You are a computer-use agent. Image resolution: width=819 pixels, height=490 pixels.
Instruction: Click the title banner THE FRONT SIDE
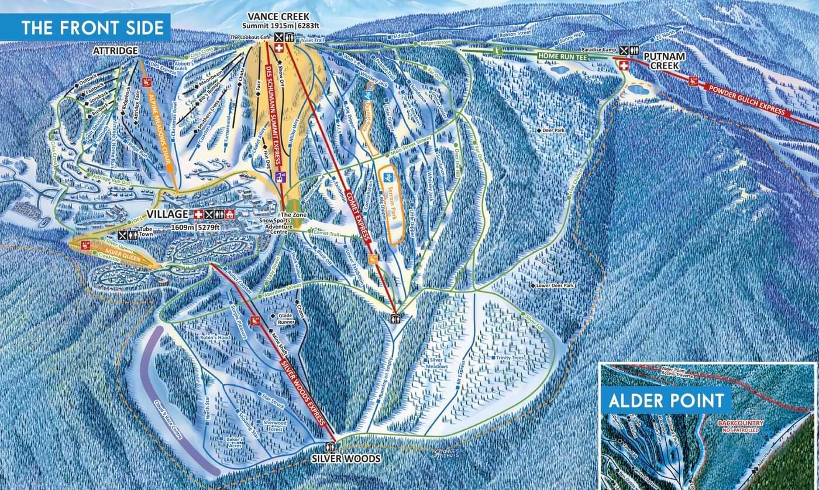(85, 28)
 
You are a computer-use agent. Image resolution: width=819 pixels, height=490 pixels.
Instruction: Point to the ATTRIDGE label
(115, 52)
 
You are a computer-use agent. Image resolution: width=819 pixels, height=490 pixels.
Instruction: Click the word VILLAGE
(167, 214)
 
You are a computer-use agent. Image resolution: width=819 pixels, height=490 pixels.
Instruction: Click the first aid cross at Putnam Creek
(624, 66)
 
